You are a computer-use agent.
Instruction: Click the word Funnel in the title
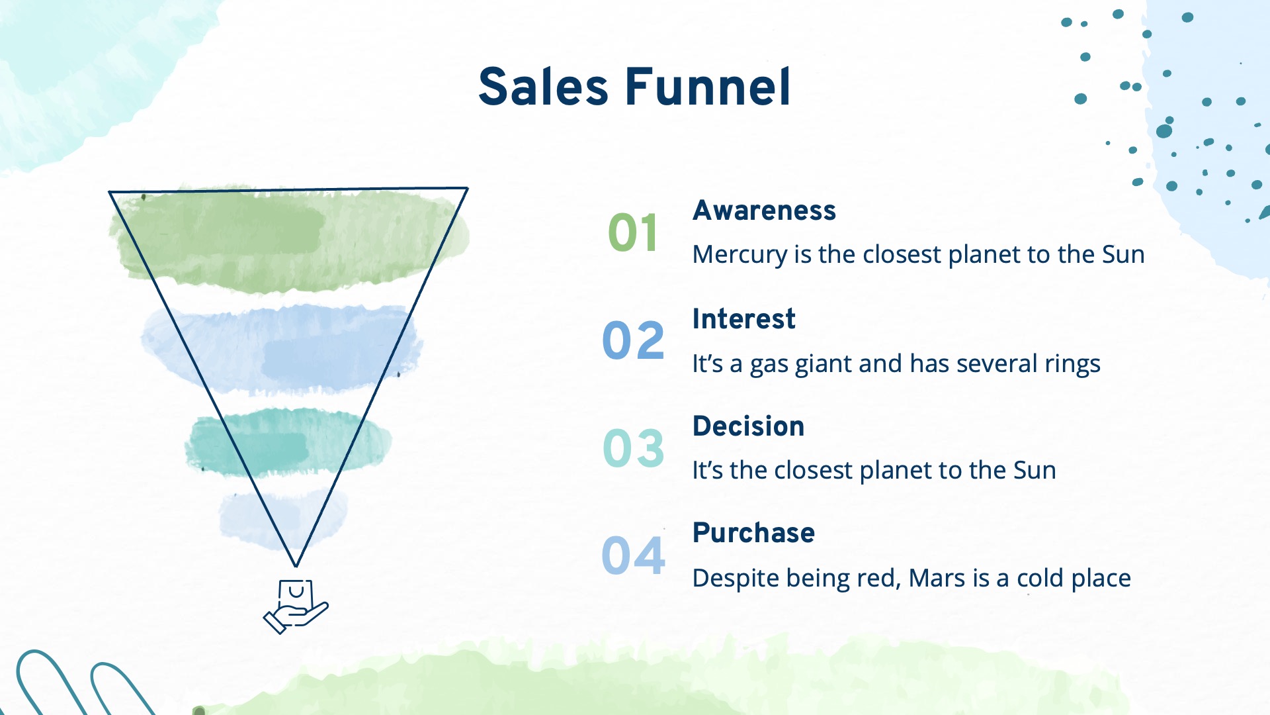tap(708, 87)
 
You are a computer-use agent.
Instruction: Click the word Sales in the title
tap(543, 87)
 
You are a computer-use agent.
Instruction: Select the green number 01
tap(633, 233)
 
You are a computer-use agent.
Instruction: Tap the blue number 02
tap(633, 340)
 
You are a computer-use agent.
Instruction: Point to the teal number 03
tap(633, 448)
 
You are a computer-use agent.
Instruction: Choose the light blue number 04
tap(633, 555)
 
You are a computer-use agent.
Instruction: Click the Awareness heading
tap(764, 211)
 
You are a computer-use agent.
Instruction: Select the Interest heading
tap(743, 319)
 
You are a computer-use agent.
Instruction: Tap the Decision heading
tap(748, 426)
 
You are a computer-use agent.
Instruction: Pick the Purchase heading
tap(753, 533)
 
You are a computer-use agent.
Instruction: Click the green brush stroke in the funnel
tap(289, 240)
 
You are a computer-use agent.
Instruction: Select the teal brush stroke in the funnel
tap(288, 442)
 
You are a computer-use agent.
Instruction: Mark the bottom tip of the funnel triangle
tap(296, 567)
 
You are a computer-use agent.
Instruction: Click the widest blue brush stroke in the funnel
tap(282, 348)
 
